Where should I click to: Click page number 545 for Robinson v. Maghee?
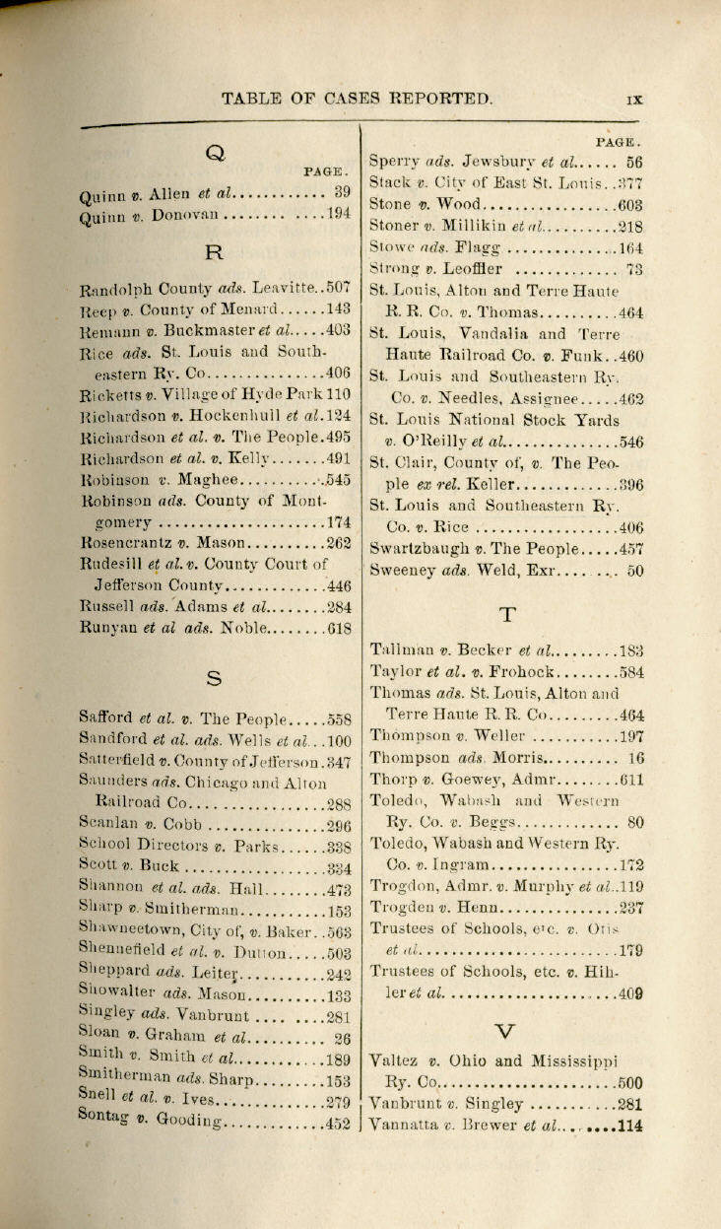coord(338,479)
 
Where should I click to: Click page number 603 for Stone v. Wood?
coord(630,205)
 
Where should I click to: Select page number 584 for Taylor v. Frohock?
coord(630,672)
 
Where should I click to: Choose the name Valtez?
coord(397,1061)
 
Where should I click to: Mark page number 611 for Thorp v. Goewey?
coord(630,779)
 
